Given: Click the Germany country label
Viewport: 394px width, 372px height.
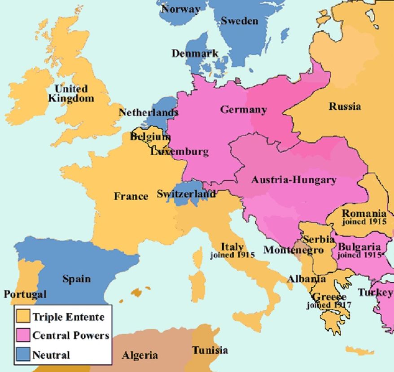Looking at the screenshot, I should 243,109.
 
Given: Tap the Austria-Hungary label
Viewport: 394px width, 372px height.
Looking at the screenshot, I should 293,180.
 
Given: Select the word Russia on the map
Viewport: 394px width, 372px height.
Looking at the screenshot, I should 345,106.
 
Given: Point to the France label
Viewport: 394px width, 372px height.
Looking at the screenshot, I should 131,196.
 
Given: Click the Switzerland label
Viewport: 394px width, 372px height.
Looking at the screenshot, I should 186,194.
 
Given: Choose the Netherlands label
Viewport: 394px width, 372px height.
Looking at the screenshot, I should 148,112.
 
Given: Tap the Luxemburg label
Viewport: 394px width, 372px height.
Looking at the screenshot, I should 179,151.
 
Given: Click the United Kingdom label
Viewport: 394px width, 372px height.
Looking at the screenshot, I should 71,93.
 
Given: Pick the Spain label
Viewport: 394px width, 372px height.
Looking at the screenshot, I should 76,279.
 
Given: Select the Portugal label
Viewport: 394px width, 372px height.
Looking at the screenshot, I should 25,294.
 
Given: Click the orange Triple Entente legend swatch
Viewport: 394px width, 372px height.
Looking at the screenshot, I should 22,316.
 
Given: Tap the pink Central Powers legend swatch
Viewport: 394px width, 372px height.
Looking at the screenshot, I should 22,335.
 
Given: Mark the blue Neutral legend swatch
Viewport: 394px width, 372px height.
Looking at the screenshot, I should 22,354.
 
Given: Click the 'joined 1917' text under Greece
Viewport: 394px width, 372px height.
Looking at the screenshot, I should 329,305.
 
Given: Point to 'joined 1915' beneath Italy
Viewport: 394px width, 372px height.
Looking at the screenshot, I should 232,255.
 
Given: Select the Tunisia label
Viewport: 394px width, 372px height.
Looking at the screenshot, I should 210,350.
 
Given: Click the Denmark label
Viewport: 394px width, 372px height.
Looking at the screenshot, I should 195,53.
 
